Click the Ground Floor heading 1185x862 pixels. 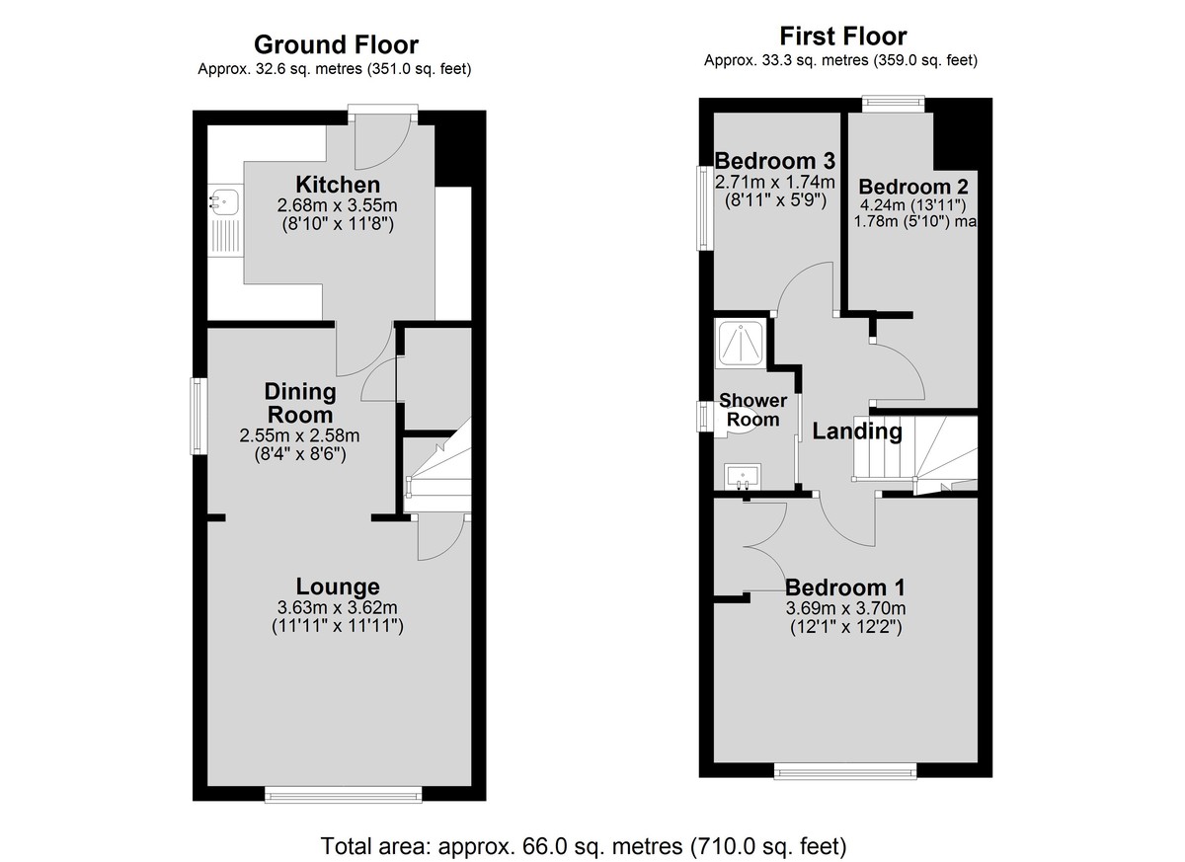(x=336, y=45)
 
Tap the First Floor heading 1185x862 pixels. (x=843, y=37)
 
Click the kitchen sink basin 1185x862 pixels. (x=225, y=202)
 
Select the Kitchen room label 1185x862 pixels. (x=338, y=185)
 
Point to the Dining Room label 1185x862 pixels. (x=300, y=403)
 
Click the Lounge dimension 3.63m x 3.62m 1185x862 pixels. (x=338, y=607)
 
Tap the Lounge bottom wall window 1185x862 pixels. (x=344, y=794)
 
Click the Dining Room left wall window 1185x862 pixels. (x=198, y=416)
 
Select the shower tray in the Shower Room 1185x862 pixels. (x=741, y=344)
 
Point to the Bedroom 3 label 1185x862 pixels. (x=775, y=160)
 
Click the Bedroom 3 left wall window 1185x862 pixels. (x=705, y=207)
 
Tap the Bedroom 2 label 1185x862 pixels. (x=913, y=187)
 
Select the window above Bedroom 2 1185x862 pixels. (x=894, y=104)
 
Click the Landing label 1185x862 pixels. (x=857, y=431)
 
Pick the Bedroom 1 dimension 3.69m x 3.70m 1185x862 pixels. (x=845, y=608)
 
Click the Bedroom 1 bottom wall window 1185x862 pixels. (x=845, y=770)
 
